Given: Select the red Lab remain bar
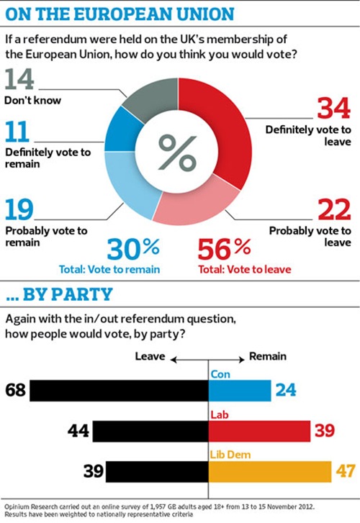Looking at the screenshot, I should point(258,431).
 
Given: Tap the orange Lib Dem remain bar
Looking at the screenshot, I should point(269,472).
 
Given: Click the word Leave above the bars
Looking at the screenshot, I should point(151,357).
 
